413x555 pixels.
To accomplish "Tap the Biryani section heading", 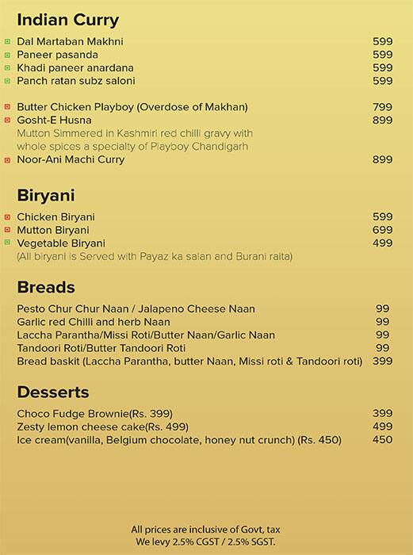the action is pos(46,195).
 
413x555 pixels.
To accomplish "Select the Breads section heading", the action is pos(46,288).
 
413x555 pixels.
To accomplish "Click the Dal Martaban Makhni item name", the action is pos(71,41).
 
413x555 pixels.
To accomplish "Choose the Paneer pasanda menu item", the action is pos(58,55).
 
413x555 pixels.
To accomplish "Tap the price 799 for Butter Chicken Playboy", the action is pos(383,107).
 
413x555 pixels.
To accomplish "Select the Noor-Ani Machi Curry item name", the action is pos(71,160).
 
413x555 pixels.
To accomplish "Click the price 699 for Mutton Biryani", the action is pos(383,230).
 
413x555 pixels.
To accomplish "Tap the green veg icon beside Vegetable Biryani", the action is pos(7,243).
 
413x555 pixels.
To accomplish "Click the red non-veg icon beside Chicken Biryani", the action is pos(7,216).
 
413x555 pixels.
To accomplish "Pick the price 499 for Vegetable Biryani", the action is pos(383,243).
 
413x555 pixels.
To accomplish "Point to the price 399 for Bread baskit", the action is pos(383,362).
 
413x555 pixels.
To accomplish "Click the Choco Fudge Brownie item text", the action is pos(94,414).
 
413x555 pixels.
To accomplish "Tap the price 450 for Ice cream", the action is pos(383,440).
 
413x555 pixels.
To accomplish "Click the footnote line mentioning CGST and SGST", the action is pos(205,541).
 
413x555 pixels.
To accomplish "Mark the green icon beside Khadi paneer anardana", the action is pos(7,68).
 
